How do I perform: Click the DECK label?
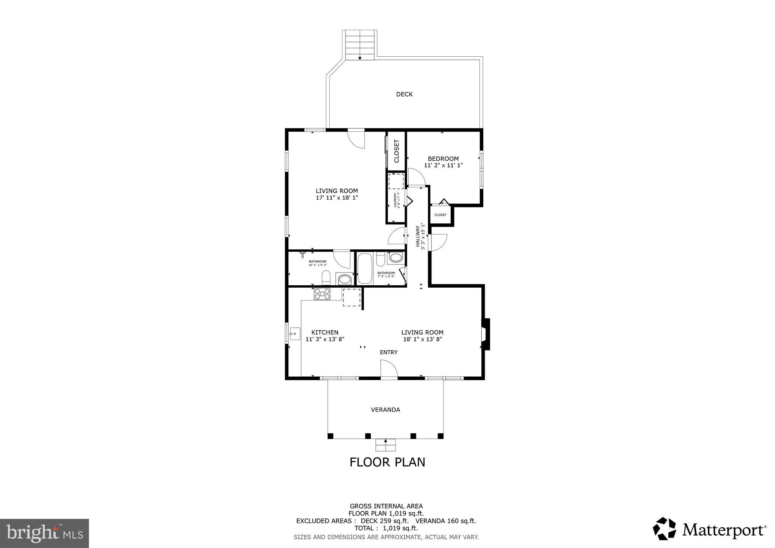click(x=404, y=94)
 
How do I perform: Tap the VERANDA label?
click(x=385, y=409)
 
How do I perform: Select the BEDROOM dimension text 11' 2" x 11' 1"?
click(x=443, y=165)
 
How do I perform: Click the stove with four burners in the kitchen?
click(x=322, y=294)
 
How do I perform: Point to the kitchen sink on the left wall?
click(x=295, y=334)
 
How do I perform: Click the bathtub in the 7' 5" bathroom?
click(x=365, y=269)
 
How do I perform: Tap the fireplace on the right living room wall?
click(x=486, y=334)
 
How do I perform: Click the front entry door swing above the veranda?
click(x=389, y=369)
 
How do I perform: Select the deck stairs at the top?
click(x=359, y=45)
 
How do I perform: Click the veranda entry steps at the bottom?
click(x=385, y=445)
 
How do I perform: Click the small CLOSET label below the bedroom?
click(x=440, y=215)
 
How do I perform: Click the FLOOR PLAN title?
click(x=387, y=462)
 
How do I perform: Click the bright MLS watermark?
click(x=44, y=534)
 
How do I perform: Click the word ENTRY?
click(x=389, y=352)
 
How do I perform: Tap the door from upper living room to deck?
click(x=356, y=139)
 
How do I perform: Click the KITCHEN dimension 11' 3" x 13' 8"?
click(x=325, y=339)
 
